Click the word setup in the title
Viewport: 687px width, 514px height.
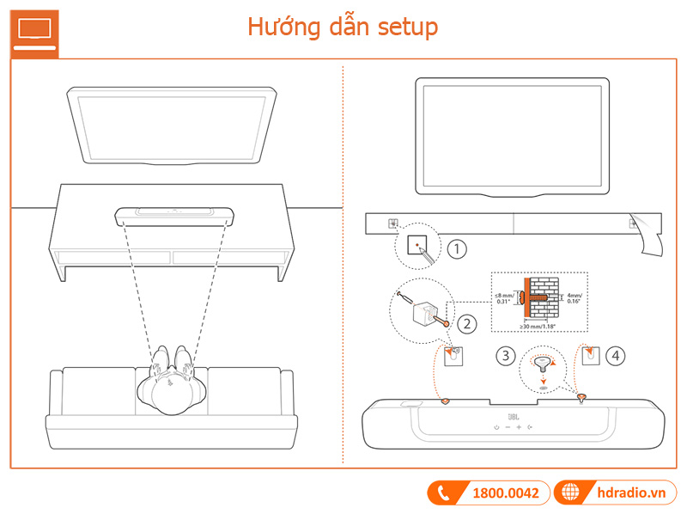point(408,27)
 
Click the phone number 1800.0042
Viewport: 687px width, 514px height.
point(506,493)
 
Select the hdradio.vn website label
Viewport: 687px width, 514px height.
point(634,493)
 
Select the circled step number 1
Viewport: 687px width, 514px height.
point(458,250)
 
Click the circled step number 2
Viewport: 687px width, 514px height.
point(466,324)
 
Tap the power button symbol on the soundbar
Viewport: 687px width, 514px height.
point(495,427)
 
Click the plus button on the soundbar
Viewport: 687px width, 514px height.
point(519,427)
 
